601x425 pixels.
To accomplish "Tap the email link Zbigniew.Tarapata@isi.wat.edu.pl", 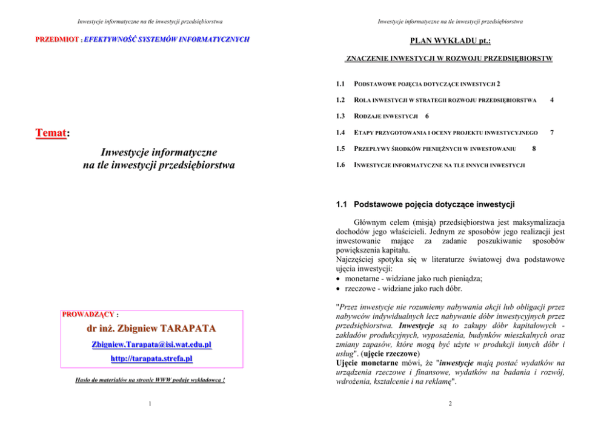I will coord(152,344).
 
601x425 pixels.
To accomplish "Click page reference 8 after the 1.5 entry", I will coord(533,149).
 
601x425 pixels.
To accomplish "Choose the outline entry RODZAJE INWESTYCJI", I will coord(386,115).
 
